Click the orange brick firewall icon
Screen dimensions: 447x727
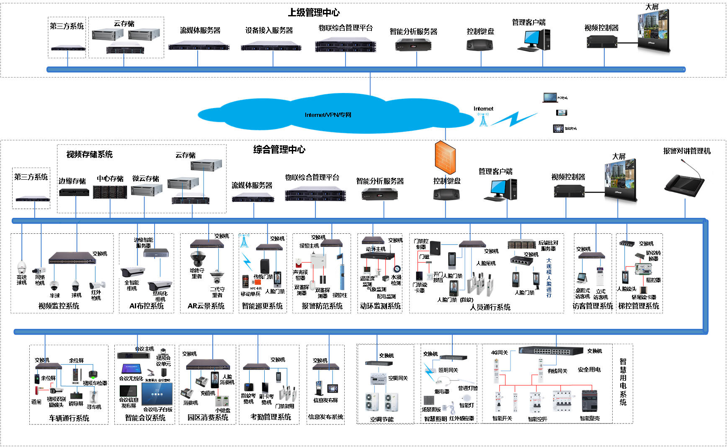coord(445,158)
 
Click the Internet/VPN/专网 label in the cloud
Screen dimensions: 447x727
coord(328,115)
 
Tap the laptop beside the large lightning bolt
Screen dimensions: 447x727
coord(550,98)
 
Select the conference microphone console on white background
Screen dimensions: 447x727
coord(688,178)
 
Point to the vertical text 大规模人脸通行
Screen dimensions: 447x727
coord(549,278)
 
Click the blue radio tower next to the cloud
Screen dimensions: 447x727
coord(483,119)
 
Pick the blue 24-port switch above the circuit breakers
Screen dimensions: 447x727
coord(551,351)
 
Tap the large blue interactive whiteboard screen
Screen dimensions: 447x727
coord(157,393)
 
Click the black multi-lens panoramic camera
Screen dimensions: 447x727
coord(198,258)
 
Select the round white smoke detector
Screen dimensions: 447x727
coord(467,398)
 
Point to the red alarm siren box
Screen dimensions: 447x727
coord(298,263)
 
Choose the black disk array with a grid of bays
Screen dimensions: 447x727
coord(110,192)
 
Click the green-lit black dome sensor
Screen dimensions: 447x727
coord(93,375)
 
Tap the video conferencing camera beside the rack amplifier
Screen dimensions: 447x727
coord(163,352)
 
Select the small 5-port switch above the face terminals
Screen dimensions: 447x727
coord(521,261)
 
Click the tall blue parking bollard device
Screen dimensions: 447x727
coord(340,271)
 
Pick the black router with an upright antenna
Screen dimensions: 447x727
coord(377,255)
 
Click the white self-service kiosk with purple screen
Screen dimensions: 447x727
coord(600,276)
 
